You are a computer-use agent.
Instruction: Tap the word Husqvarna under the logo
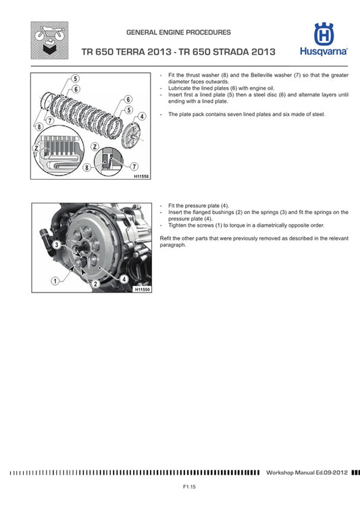coord(323,51)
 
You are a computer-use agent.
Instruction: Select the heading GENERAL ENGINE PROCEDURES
coord(178,32)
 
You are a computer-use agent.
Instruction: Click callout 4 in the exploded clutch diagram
coord(142,116)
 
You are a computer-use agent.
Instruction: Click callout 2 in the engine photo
coord(95,284)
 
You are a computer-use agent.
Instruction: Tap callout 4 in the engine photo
coord(124,278)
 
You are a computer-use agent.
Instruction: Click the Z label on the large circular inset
coord(36,147)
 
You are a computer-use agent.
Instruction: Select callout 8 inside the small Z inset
coord(86,167)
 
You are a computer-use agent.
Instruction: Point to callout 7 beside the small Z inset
coord(134,166)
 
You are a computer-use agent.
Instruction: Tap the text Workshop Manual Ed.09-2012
coord(307,473)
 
